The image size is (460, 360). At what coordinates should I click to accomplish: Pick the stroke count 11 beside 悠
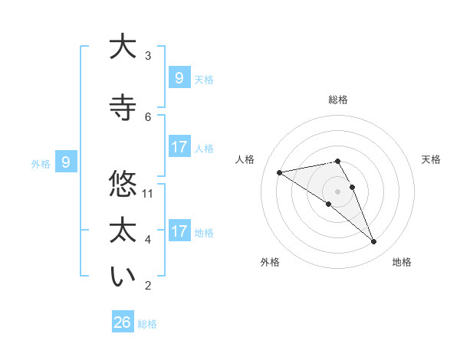click(149, 193)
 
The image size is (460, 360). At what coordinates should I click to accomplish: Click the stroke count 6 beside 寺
click(149, 116)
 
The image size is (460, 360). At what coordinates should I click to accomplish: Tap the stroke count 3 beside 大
click(149, 55)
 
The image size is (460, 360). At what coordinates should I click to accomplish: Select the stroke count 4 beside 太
click(149, 240)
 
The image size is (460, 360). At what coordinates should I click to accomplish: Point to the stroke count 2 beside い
click(149, 286)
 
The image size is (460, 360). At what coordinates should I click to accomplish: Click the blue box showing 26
click(122, 322)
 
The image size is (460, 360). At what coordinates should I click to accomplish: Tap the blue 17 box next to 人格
click(179, 147)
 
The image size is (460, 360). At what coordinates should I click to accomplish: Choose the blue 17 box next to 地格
click(179, 231)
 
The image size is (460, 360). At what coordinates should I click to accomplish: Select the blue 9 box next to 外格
click(66, 162)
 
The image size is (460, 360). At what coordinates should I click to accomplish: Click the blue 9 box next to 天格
click(179, 77)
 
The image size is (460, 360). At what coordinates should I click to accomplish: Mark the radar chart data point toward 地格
click(374, 242)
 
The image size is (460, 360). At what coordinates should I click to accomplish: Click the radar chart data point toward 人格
click(279, 172)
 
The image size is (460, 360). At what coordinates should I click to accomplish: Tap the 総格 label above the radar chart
click(337, 100)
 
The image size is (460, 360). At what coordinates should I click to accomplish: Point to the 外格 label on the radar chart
click(270, 262)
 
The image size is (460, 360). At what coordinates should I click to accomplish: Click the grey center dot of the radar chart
click(337, 191)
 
